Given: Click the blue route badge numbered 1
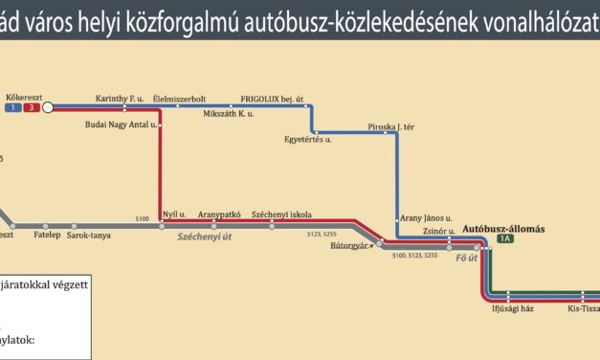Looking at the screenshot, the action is [12, 107].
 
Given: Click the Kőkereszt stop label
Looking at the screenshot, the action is [22, 97].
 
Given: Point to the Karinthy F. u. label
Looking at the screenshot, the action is [120, 98].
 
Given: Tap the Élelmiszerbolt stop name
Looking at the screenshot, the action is [192, 98].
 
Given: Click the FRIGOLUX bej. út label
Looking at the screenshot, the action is [272, 98].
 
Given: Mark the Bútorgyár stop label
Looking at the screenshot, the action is [349, 245].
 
